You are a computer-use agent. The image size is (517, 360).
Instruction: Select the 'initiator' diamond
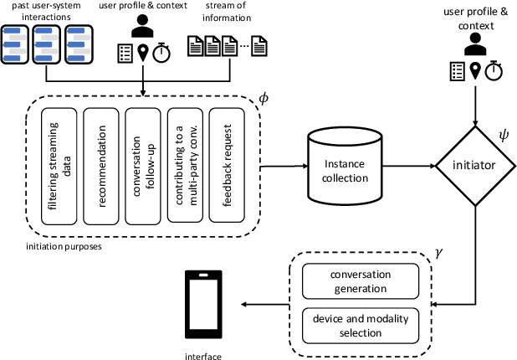click(476, 165)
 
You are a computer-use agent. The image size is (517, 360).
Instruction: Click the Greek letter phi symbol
click(264, 100)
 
